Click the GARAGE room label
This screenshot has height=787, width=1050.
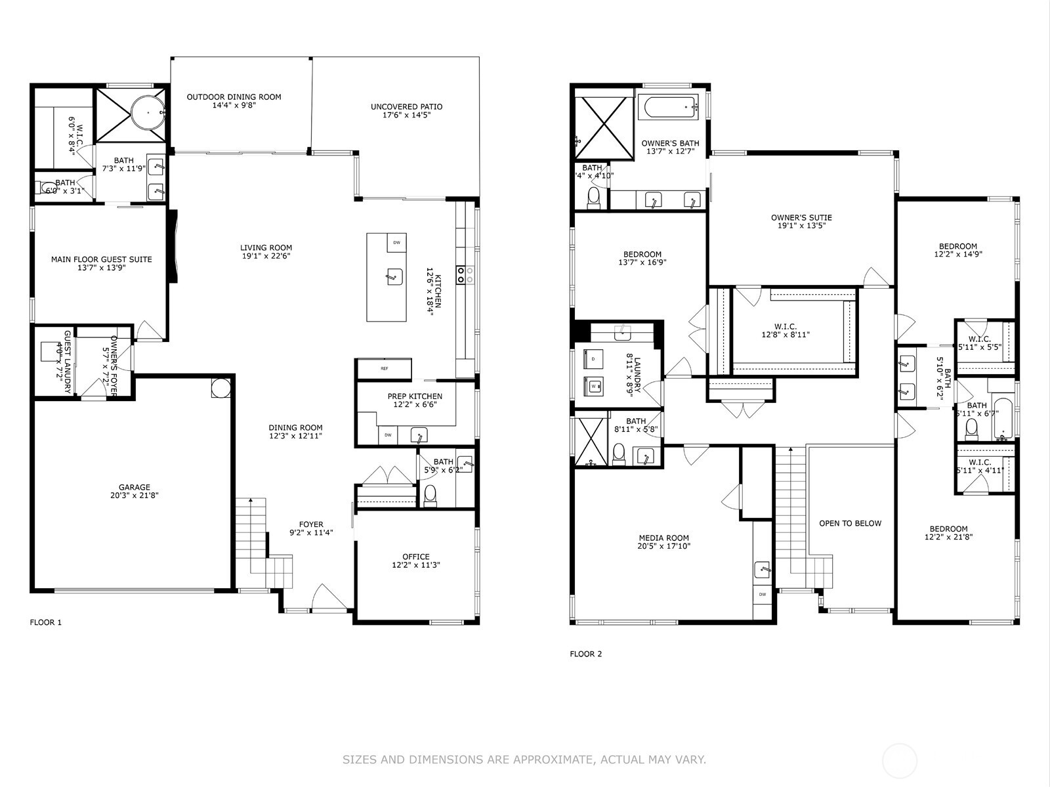point(134,487)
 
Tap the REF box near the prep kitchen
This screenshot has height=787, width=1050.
point(384,368)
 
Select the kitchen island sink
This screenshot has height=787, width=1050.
point(393,276)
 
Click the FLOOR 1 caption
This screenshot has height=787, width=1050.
point(46,622)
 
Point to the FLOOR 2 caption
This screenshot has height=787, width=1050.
point(585,654)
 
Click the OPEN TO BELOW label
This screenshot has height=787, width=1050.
point(850,523)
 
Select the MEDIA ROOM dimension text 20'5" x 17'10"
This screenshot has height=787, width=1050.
point(663,546)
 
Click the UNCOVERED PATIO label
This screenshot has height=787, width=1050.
point(406,106)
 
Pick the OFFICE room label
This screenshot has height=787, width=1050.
point(415,556)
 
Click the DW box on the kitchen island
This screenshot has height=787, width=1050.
point(396,242)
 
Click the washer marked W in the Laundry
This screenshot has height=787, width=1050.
point(594,387)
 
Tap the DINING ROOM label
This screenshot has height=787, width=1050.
point(295,427)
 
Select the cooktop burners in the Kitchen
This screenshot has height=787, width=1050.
point(461,274)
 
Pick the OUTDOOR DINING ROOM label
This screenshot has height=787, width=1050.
point(234,96)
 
